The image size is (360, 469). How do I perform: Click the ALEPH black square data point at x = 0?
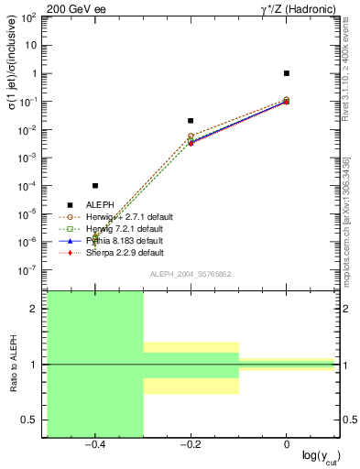pyautogui.click(x=287, y=73)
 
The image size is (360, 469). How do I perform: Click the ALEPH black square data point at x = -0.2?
pyautogui.click(x=191, y=120)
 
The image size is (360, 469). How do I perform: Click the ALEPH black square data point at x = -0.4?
pyautogui.click(x=95, y=186)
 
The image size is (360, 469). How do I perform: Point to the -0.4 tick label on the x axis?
pyautogui.click(x=93, y=444)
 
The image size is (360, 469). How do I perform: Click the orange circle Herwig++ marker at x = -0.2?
pyautogui.click(x=191, y=136)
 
